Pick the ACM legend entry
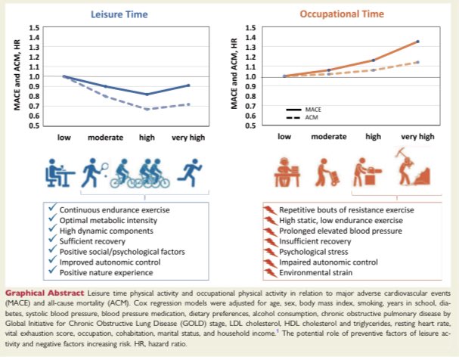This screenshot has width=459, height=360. click(298, 117)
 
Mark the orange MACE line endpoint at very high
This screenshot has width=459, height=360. click(417, 42)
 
